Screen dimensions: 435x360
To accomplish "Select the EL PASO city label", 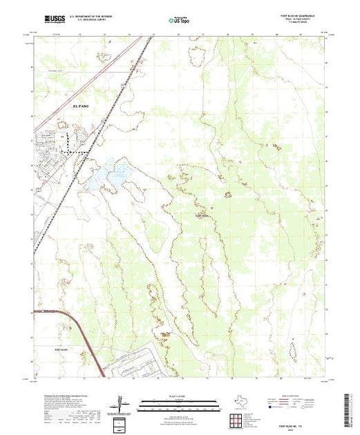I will pos(81,105).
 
